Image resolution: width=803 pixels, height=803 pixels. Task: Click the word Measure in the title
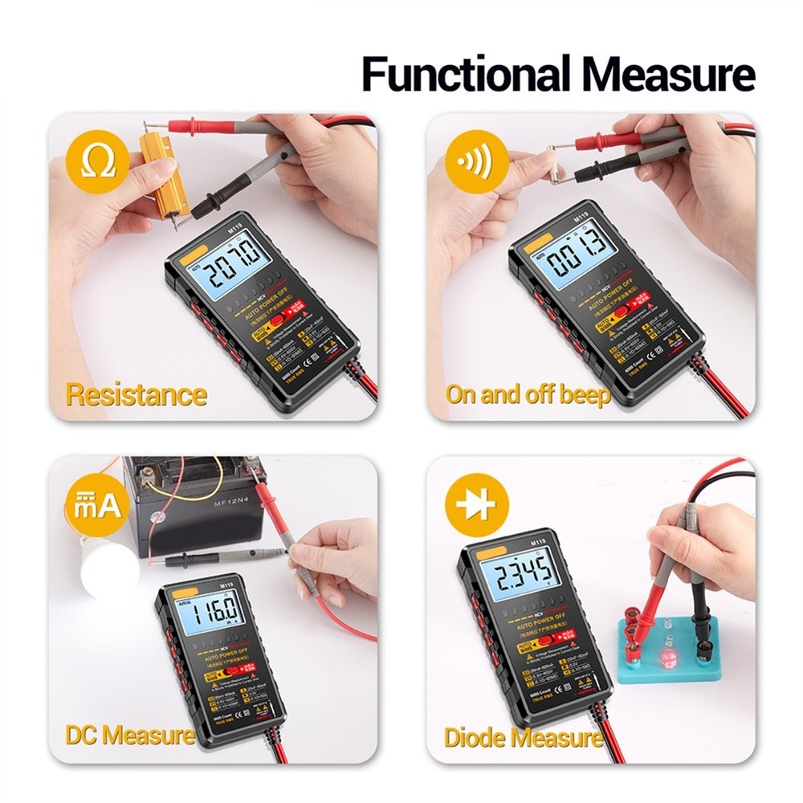click(x=669, y=74)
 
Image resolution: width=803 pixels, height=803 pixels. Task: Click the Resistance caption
click(x=136, y=394)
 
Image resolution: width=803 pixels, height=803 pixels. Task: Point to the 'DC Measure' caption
click(x=129, y=734)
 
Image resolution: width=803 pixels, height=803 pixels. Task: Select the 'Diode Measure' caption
click(x=523, y=737)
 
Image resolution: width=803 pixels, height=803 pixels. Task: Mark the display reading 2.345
click(x=525, y=574)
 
